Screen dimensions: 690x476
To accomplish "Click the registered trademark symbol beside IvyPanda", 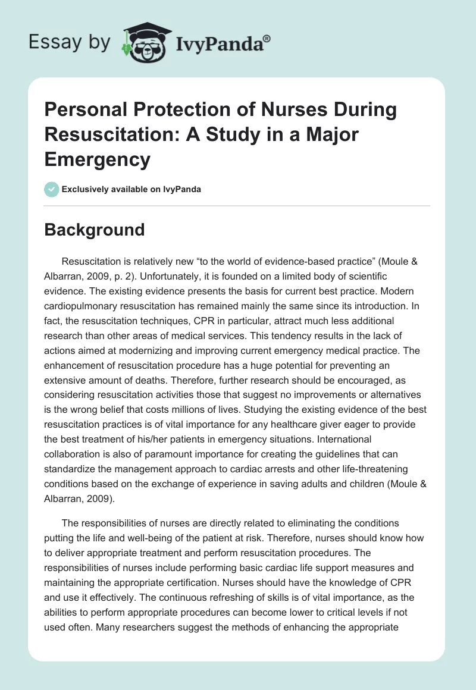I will tap(267, 38).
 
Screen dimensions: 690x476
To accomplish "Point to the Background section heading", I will tap(95, 230).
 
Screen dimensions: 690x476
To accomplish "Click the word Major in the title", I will tap(332, 134).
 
